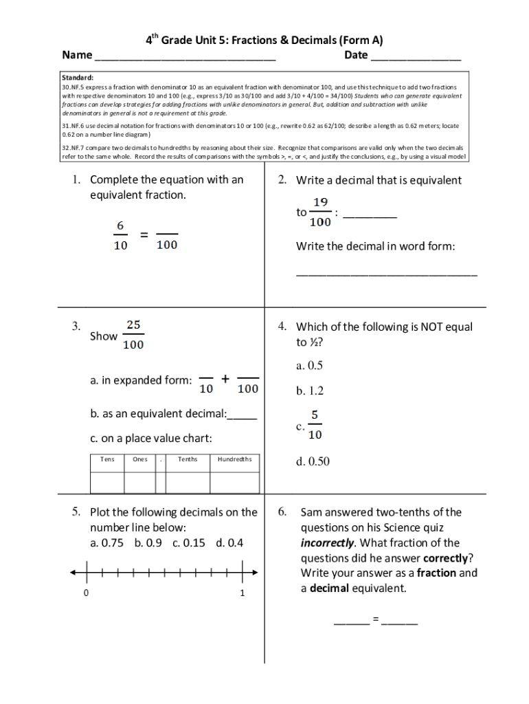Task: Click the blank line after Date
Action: coord(416,56)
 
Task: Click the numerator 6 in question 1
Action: coord(120,225)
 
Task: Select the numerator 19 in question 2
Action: coord(320,202)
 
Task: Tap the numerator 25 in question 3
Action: coord(133,324)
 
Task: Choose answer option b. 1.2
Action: coord(310,390)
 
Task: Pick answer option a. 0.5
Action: coord(310,365)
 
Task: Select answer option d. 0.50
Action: coord(313,461)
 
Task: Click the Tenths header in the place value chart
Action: coord(188,459)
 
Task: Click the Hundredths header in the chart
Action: coord(234,459)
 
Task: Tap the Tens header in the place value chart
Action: coord(107,459)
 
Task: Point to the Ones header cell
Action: coord(139,459)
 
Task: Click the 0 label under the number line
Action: coord(85,593)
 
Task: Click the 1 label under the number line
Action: coord(243,593)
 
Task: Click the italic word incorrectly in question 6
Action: coord(327,542)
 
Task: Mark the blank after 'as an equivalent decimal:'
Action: coord(242,415)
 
